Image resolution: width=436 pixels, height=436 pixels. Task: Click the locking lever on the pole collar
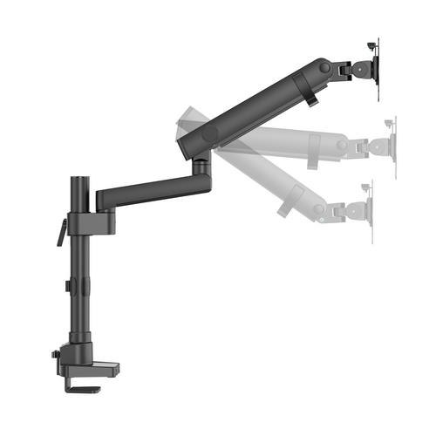61,232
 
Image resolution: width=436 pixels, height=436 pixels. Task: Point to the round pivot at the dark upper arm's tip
325,67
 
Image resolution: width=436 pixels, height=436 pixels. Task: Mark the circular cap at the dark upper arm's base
209,136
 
